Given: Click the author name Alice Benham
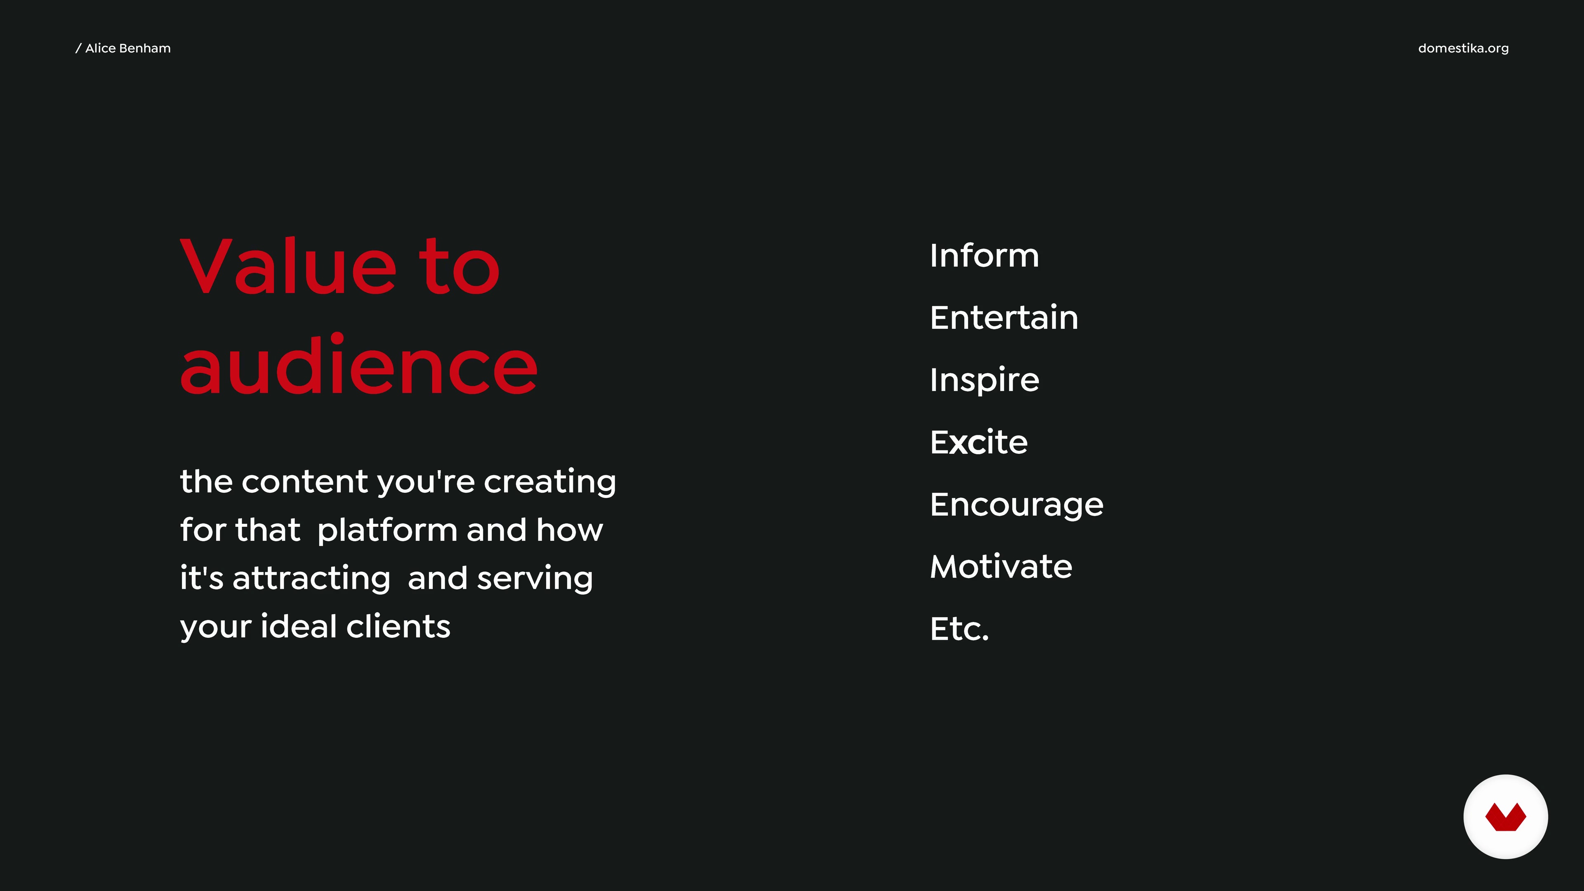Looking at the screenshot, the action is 128,48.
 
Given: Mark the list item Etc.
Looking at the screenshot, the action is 959,628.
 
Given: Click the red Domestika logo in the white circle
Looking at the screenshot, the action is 1505,817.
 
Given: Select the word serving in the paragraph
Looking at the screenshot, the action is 535,579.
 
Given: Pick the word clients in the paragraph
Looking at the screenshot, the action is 398,626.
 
